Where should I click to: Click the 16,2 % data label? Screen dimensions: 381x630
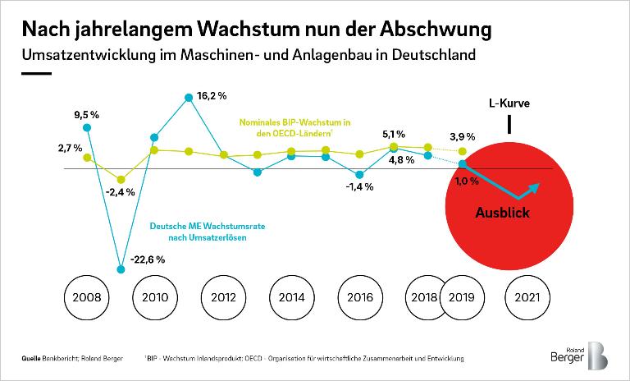212,96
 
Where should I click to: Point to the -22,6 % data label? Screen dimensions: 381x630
148,259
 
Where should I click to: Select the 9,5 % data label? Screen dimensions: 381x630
85,114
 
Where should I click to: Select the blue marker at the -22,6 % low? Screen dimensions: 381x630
121,268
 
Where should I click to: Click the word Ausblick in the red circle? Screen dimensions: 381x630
503,213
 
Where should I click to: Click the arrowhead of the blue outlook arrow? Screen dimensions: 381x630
535,188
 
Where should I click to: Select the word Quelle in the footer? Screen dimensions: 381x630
33,359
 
